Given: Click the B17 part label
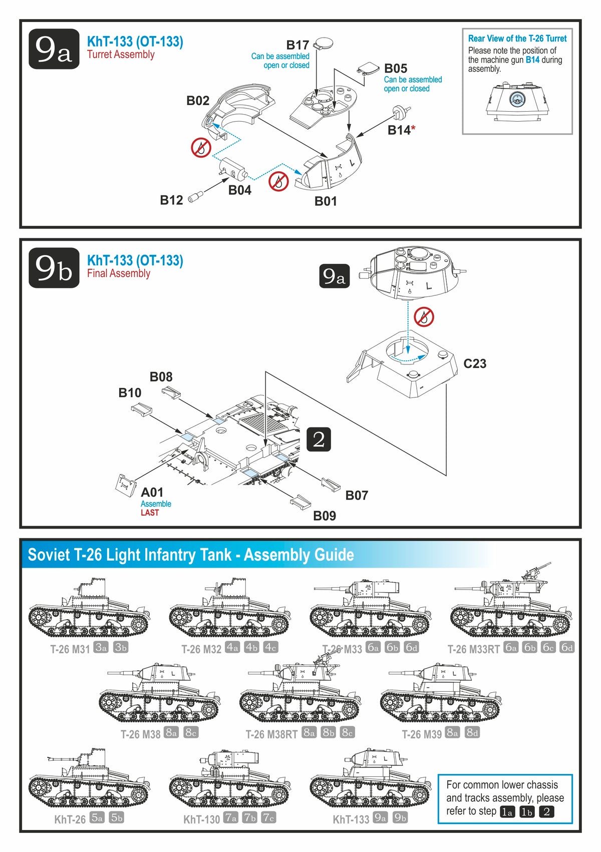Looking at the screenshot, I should point(297,45).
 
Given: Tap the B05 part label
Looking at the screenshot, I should point(396,69).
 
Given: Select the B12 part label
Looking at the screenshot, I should point(171,200).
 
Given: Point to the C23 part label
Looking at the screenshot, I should point(475,364).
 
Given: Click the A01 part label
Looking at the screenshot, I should point(152,493).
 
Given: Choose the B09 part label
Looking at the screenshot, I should point(325,516).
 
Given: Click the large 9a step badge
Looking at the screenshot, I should point(54,49).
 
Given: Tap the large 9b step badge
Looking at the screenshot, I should point(54,268).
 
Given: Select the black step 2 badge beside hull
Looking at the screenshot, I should point(319,440).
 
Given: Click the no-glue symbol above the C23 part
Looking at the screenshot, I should point(424,316).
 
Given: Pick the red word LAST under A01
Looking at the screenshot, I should point(150,513).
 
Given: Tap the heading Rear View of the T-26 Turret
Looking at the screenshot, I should point(517,39).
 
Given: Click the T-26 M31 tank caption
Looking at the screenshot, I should point(70,649).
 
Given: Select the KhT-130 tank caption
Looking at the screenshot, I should point(201,819).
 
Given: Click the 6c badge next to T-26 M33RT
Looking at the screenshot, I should point(548,647).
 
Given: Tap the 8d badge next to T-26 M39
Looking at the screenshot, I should point(472,732).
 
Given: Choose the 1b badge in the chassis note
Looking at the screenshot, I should point(527,812).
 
